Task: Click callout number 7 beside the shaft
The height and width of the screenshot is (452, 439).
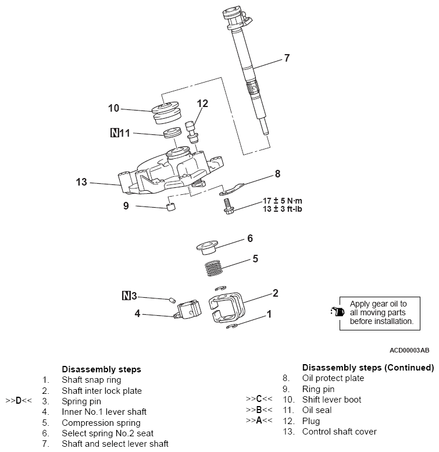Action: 286,58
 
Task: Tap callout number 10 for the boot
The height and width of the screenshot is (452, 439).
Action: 113,108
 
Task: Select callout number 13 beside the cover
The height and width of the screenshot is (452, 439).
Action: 81,182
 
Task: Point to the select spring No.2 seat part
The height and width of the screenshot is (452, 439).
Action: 206,247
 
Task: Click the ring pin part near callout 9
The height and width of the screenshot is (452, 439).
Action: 170,209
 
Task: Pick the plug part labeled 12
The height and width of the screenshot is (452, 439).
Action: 192,131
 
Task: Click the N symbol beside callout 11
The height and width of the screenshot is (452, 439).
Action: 114,133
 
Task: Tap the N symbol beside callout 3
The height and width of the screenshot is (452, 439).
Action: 126,296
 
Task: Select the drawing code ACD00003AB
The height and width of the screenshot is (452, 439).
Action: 409,351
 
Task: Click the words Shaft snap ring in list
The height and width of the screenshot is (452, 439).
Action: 91,380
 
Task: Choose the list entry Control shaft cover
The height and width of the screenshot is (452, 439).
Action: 339,432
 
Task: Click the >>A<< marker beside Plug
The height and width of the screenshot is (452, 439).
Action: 259,421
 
